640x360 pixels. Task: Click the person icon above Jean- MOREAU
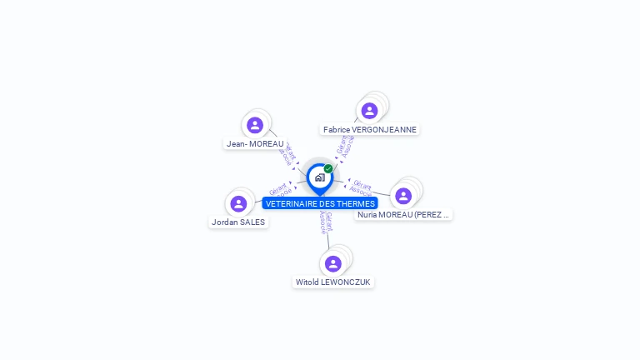255,125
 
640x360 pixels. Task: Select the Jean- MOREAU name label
255,143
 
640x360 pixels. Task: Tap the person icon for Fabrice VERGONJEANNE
369,111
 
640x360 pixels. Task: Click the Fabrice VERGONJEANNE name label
370,129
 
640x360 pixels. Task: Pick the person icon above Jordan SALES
238,203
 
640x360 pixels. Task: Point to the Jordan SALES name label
238,222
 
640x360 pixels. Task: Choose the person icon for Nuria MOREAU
403,196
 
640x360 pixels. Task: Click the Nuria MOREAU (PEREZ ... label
403,214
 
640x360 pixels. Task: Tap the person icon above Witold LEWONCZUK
333,263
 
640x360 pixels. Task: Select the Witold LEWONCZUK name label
333,282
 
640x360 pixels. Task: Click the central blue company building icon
319,177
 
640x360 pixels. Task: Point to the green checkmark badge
328,169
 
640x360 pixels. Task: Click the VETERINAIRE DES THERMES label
320,203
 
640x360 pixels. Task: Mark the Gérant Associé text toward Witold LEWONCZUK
326,222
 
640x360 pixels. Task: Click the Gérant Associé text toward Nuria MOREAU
362,187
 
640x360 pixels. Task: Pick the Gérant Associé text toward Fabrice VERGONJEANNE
345,145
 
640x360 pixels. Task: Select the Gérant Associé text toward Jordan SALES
281,189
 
